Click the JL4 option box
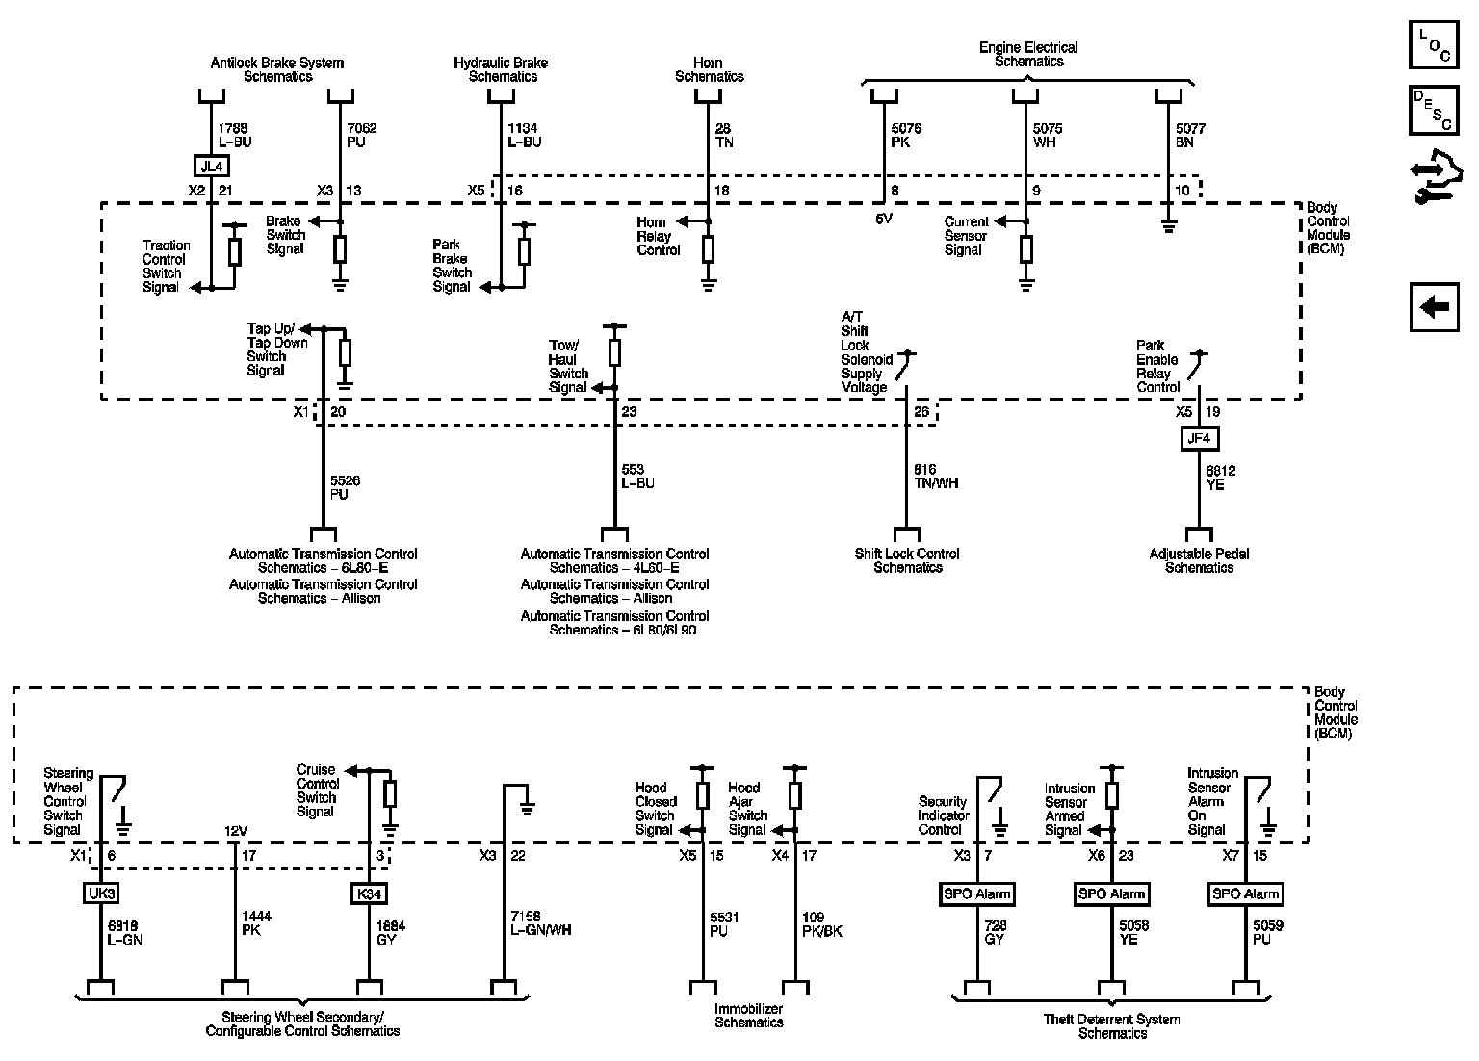click(211, 165)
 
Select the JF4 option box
click(1199, 439)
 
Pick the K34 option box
click(370, 893)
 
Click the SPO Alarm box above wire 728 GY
click(977, 893)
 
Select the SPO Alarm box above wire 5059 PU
click(1246, 893)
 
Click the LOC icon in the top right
click(1433, 44)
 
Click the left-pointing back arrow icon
click(1434, 307)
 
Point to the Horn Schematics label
click(709, 69)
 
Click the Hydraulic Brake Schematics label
click(501, 69)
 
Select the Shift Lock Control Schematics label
click(907, 560)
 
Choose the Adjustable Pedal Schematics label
click(1199, 560)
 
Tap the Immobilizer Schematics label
click(748, 1015)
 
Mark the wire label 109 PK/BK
click(820, 923)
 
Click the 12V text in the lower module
click(236, 831)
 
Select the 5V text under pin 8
click(884, 218)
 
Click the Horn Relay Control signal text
click(659, 236)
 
